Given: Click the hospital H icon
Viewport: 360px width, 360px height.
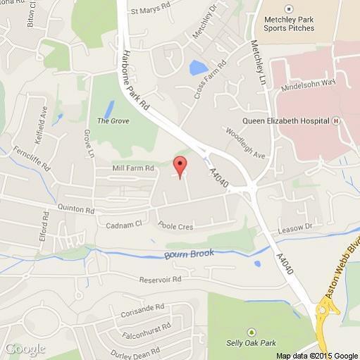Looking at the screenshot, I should (337, 120).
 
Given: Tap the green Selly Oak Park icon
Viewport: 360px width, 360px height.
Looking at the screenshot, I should (251, 331).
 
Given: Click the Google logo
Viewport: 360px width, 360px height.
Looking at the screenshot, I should (24, 349).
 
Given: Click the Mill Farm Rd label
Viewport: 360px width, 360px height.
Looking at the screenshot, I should (133, 169).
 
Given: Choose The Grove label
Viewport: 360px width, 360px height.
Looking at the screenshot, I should (111, 121).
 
